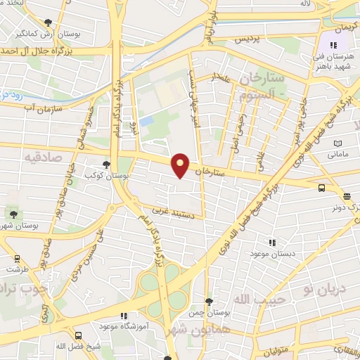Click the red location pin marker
[x=181, y=166]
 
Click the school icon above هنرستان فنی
[x=333, y=46]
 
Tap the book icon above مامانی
[x=340, y=143]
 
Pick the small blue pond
[x=146, y=121]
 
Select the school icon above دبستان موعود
[x=272, y=243]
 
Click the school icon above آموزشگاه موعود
[x=124, y=316]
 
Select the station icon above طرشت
[x=15, y=258]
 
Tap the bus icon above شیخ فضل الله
[x=79, y=336]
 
